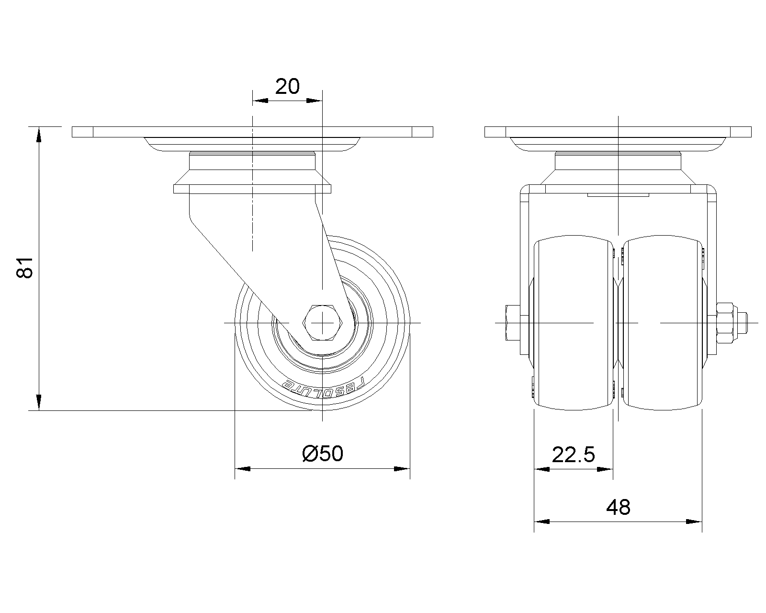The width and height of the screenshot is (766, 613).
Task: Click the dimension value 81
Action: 25,267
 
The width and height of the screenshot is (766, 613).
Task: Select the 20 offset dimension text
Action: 287,87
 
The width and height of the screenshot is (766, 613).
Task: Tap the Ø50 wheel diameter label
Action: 323,454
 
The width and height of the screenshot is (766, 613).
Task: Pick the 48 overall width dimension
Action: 618,507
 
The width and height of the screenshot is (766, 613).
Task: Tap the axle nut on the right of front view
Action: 726,323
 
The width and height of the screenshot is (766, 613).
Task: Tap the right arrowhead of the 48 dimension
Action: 695,522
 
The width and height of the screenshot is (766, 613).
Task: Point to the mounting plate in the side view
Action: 252,132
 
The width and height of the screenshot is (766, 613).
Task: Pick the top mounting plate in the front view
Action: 618,132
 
